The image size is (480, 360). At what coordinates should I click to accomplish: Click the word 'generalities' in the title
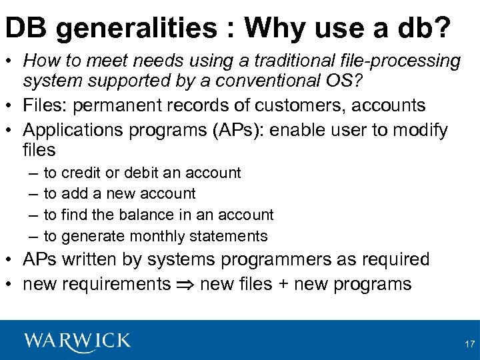[143, 28]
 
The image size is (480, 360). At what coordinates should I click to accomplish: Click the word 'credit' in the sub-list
[81, 173]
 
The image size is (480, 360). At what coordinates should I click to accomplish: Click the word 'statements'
[228, 236]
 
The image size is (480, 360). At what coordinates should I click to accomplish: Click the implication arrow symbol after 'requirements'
[185, 285]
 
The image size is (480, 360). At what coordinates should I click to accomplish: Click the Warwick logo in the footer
[77, 341]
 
